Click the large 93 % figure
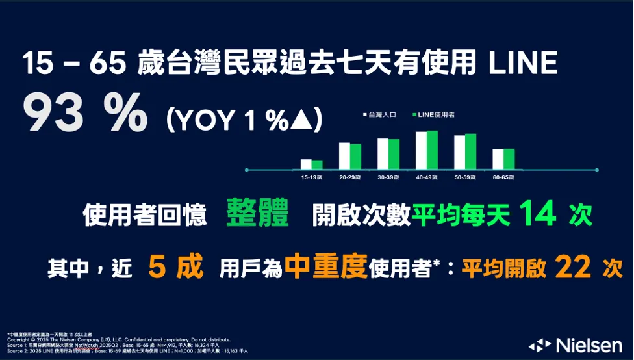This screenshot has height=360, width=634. point(84,111)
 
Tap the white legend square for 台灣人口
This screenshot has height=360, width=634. point(365,114)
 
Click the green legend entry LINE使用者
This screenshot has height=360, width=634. point(434,114)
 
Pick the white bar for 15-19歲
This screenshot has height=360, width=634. point(306,164)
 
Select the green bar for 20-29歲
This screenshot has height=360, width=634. point(355,156)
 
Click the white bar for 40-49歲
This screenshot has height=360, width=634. point(421,150)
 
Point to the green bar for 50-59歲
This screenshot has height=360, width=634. point(471,151)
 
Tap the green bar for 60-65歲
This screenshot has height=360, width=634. point(509,159)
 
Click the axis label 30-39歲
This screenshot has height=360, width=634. point(388,177)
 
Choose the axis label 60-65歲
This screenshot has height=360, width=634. point(503,177)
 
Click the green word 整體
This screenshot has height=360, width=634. point(258,214)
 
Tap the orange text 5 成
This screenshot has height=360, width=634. point(175,266)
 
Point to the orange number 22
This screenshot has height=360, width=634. point(572,266)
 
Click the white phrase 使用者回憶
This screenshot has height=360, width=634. point(144,215)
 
